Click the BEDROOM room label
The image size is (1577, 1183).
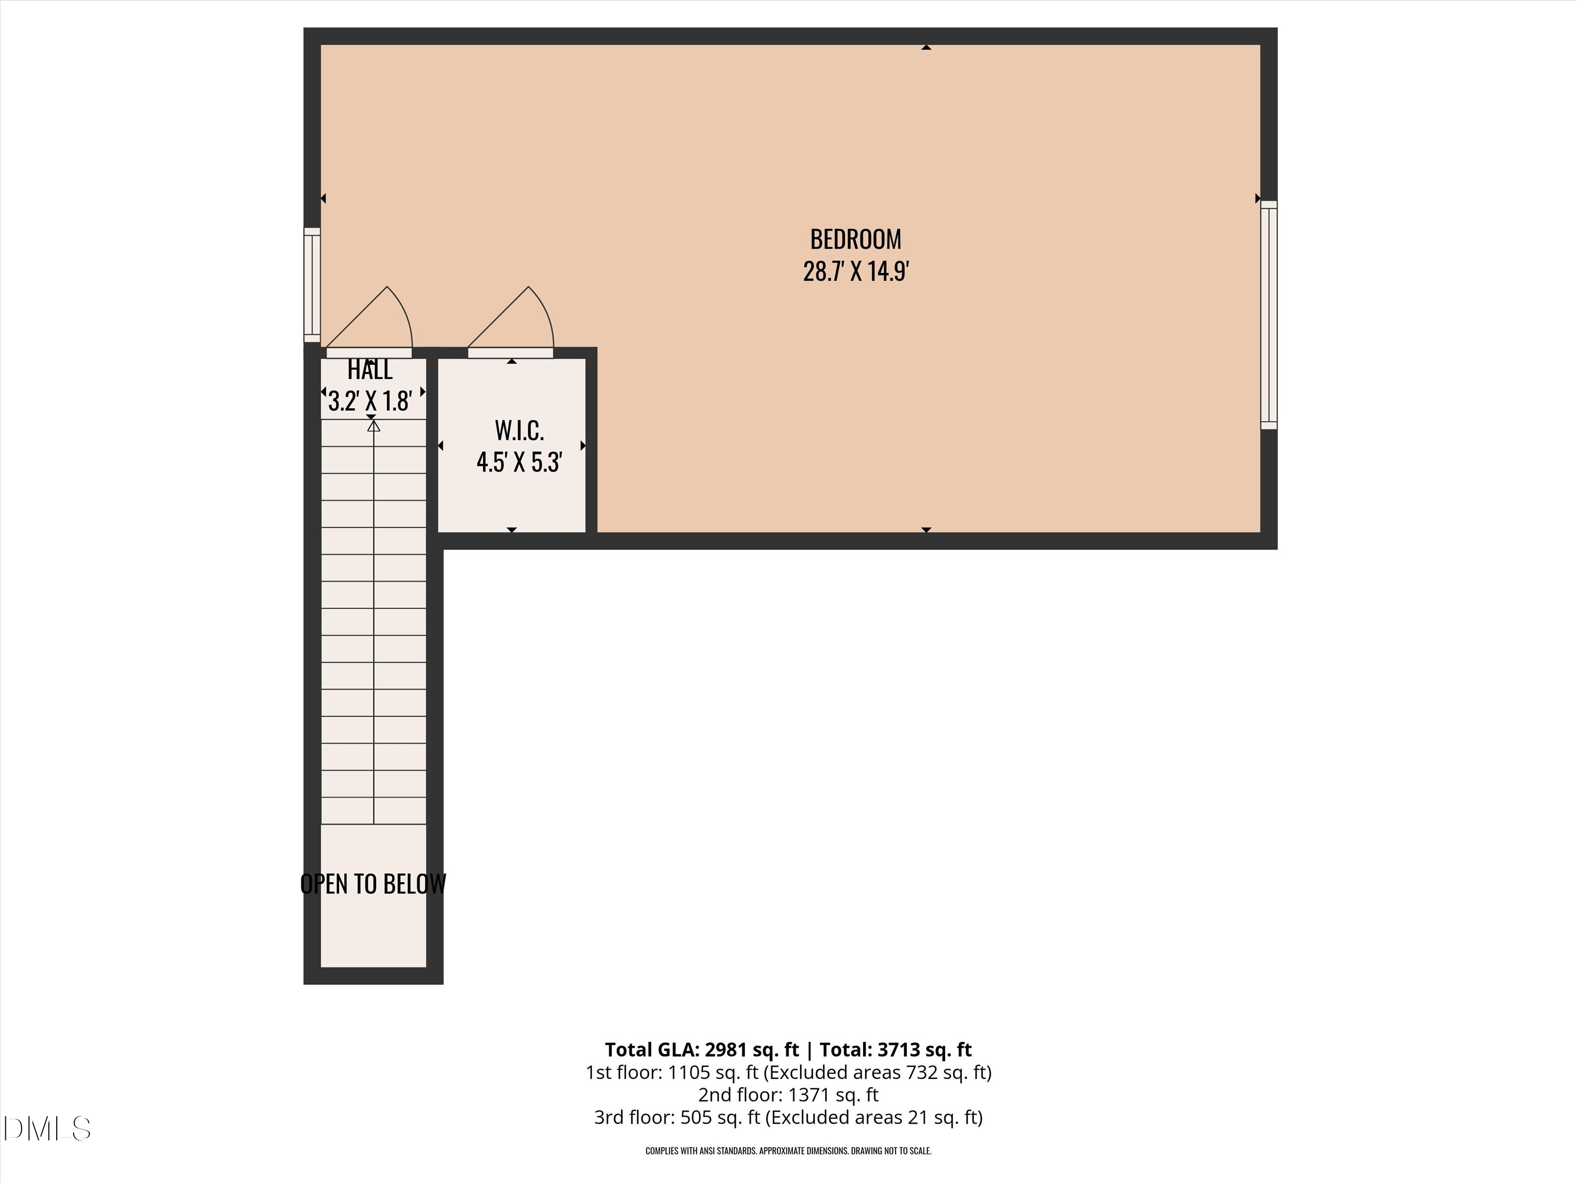click(x=855, y=239)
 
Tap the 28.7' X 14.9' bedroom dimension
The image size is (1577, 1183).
click(x=855, y=272)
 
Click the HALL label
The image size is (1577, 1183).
click(x=370, y=370)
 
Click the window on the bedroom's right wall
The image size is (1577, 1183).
click(x=1269, y=314)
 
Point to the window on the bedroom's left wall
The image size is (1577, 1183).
click(x=312, y=284)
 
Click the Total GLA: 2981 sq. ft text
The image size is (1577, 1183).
click(x=702, y=1049)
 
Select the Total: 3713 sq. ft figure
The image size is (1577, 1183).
click(x=895, y=1049)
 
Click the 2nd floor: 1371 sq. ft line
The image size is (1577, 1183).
click(x=788, y=1095)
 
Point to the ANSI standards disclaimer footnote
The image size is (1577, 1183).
click(x=788, y=1151)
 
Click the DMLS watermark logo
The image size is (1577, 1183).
click(x=47, y=1129)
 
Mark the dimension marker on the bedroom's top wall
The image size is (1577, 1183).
click(x=926, y=47)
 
